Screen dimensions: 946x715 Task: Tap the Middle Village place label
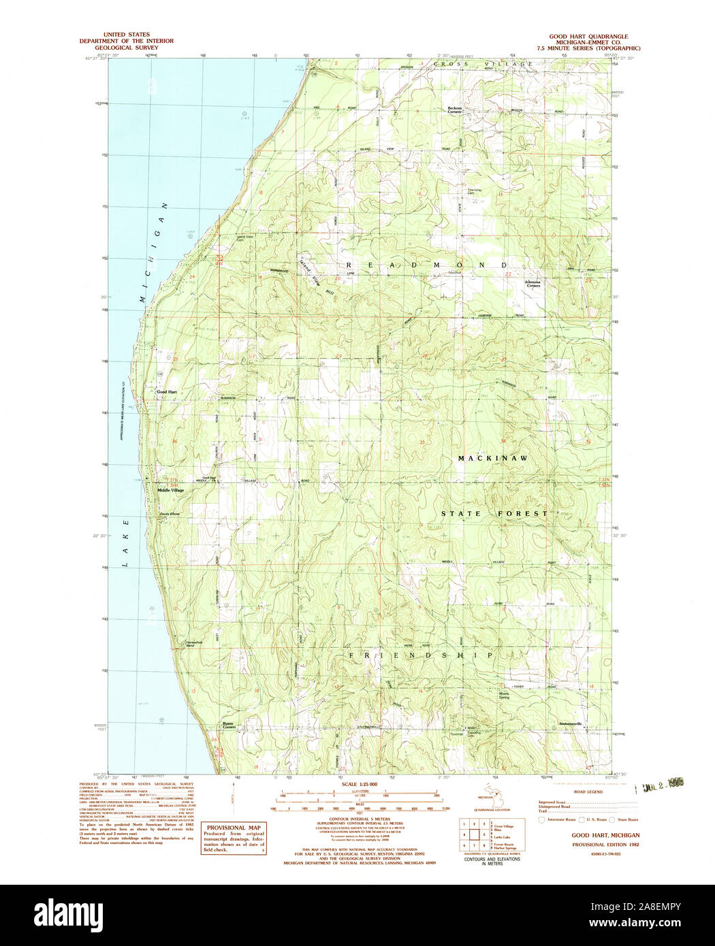coord(170,490)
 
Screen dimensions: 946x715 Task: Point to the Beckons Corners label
coord(454,110)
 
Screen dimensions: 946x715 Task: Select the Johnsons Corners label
coord(533,284)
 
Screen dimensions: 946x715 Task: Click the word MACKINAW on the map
coord(492,459)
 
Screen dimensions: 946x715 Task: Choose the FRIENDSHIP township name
coord(421,655)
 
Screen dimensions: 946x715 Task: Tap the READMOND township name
coord(427,264)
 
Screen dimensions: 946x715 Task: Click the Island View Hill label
coord(315,278)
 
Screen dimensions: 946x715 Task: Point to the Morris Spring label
coord(504,696)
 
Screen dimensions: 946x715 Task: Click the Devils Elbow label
coord(170,513)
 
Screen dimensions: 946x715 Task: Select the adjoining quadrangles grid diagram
coord(474,836)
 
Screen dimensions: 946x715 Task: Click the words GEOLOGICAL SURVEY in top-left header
coord(126,48)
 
